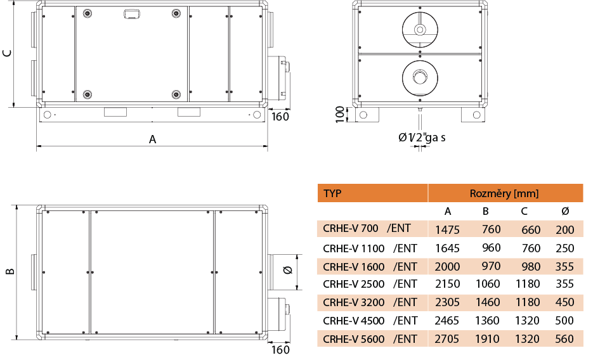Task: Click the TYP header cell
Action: pos(333,193)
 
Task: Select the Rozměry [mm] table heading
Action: pos(504,193)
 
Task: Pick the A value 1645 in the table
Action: pos(447,248)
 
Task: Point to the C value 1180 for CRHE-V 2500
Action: pos(528,284)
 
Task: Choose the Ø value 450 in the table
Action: pos(564,302)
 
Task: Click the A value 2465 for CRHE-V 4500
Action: pos(447,321)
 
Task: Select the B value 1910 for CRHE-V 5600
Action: pos(488,339)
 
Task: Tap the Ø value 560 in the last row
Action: pos(564,339)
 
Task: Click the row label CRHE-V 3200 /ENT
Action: pos(370,302)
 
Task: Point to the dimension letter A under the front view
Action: pos(152,139)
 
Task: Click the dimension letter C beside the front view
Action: pos(8,53)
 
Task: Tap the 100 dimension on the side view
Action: pos(341,115)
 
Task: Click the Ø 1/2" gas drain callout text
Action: pos(422,138)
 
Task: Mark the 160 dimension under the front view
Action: pos(280,117)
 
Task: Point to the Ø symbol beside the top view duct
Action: pos(287,271)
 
